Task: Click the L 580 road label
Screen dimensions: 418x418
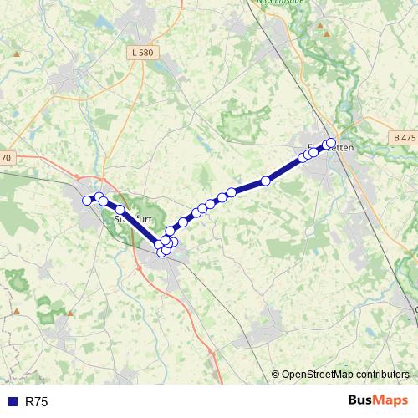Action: (142, 53)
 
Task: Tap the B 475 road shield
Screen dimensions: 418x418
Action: (402, 136)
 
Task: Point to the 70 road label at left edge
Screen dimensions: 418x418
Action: (6, 158)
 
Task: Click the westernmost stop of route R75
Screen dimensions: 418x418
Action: (86, 200)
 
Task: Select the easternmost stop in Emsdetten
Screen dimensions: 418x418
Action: (331, 143)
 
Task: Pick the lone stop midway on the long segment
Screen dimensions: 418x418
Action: (266, 181)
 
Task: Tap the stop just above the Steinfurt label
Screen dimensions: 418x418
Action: (120, 210)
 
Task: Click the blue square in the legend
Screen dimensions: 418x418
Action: (12, 402)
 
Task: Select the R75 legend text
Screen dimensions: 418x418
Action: (36, 402)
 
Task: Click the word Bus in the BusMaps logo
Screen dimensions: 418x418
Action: (361, 400)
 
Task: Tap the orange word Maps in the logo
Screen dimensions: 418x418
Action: (391, 400)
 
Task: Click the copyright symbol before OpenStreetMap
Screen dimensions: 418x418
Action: (276, 374)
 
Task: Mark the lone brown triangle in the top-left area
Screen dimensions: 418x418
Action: (16, 53)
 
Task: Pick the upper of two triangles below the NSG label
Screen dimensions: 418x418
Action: (320, 26)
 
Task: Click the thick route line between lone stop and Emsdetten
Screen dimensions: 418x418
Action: (284, 170)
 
